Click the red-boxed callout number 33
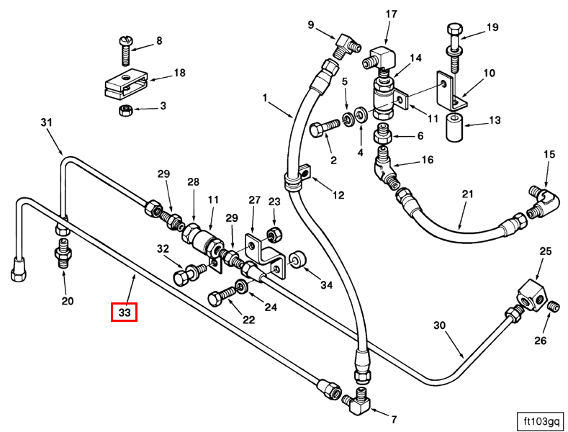click(x=124, y=313)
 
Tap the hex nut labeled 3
click(x=123, y=109)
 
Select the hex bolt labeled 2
click(x=322, y=130)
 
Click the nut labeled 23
click(x=274, y=234)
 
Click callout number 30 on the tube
click(x=441, y=325)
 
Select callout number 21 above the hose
click(x=468, y=194)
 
